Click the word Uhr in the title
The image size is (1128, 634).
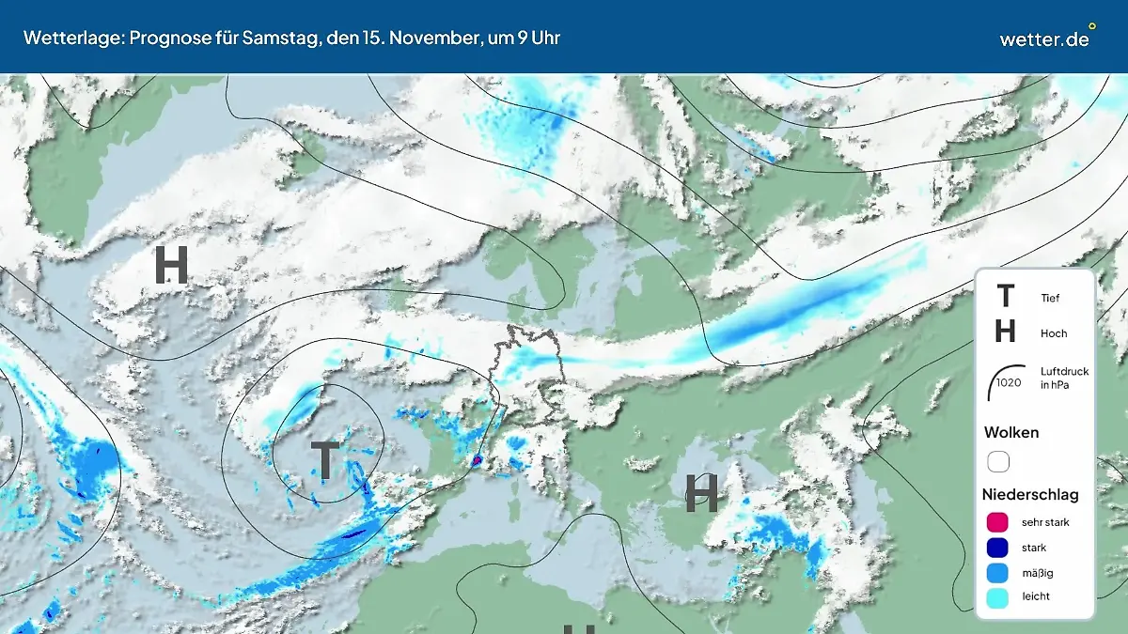tap(546, 38)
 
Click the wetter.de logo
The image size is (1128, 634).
tap(1046, 38)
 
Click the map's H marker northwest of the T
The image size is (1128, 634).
tap(171, 266)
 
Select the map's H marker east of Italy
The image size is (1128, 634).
tap(701, 492)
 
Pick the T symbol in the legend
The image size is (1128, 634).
tap(1005, 297)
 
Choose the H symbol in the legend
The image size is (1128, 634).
tap(1005, 332)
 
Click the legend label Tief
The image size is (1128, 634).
tap(1050, 298)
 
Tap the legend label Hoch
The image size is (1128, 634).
tap(1054, 333)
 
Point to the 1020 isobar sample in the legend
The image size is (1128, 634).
tap(1008, 381)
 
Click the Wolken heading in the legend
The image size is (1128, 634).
tap(1011, 432)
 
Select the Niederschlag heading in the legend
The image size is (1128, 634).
tap(1030, 494)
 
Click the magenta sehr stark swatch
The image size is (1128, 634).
tap(998, 522)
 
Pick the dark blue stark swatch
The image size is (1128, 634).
tap(998, 548)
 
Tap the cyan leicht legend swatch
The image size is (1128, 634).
tap(998, 596)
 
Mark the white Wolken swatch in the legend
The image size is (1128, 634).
tap(998, 461)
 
